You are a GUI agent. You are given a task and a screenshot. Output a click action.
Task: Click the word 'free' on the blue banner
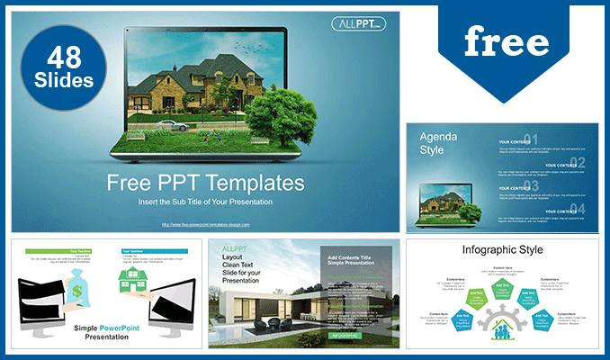pyautogui.click(x=507, y=41)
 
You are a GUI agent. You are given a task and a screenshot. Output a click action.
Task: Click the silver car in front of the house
pyautogui.click(x=175, y=127)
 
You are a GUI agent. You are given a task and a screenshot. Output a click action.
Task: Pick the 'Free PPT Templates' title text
pyautogui.click(x=206, y=183)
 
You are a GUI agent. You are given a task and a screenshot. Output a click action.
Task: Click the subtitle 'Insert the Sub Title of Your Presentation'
pyautogui.click(x=206, y=202)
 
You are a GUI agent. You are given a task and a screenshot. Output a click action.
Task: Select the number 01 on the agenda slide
pyautogui.click(x=531, y=139)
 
